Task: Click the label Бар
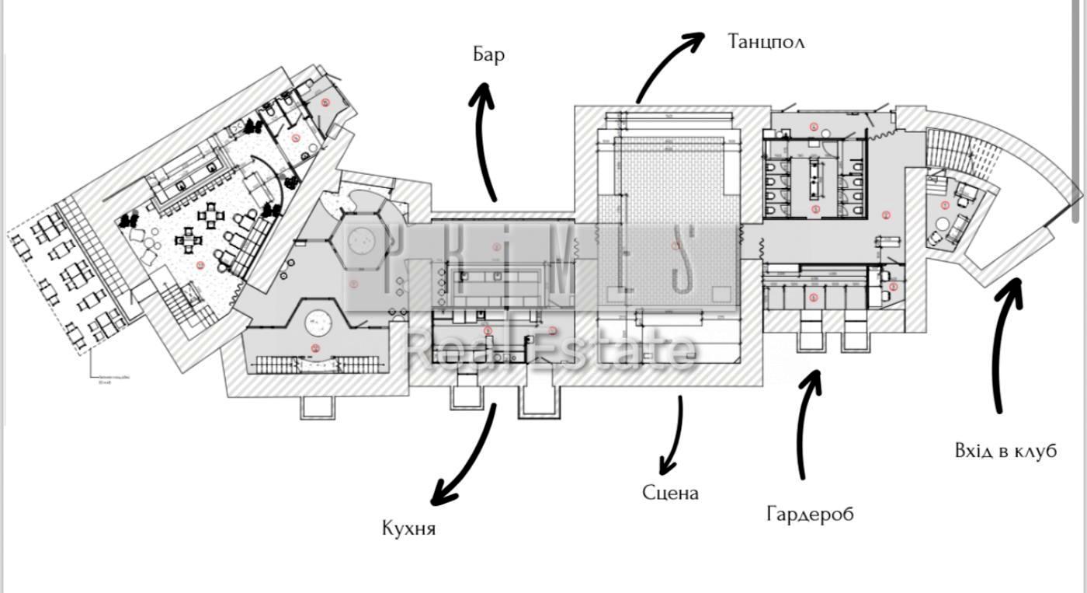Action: tap(488, 54)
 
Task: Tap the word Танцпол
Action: tap(766, 41)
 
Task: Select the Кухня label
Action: tap(408, 528)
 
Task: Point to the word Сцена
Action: tap(670, 492)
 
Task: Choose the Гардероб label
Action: tap(810, 514)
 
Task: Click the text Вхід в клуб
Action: tap(1005, 451)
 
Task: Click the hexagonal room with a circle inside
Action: tap(362, 241)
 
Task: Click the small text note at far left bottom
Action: tap(108, 379)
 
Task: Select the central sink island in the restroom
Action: tap(815, 178)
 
